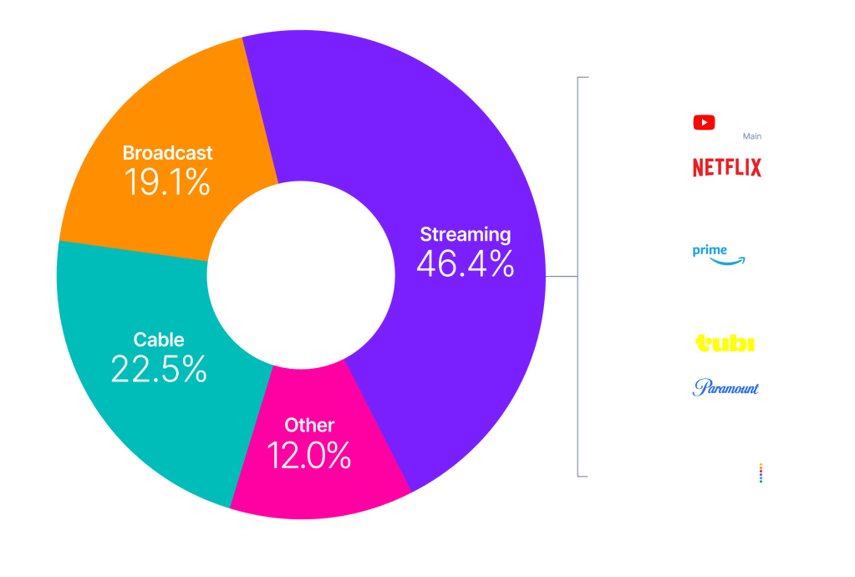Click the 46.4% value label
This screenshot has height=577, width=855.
466,264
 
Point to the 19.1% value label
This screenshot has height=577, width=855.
167,182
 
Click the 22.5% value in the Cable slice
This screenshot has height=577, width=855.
159,370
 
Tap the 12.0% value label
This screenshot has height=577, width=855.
308,456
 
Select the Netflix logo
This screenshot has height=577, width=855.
727,168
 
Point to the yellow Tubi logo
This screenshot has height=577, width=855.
725,344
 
